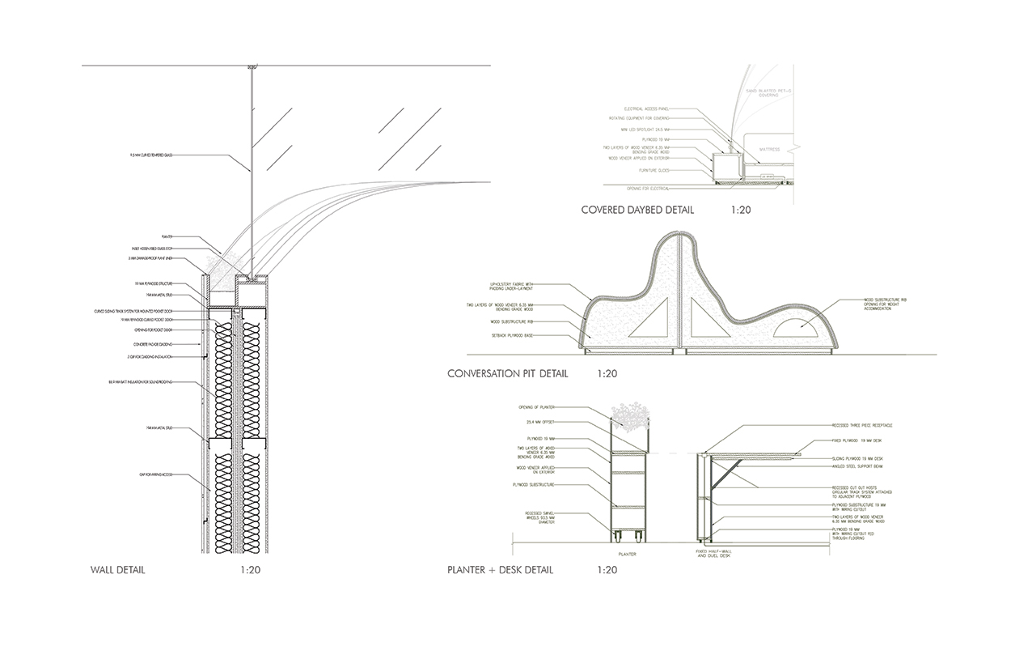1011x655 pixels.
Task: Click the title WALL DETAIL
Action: pos(118,570)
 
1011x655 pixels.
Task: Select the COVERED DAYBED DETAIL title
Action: pos(637,210)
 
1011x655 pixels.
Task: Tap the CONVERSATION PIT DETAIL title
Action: pos(508,374)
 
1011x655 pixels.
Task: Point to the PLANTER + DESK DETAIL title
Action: pos(500,570)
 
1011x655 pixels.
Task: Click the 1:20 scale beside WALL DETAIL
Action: pos(250,570)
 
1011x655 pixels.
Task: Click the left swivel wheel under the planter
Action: pos(617,535)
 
